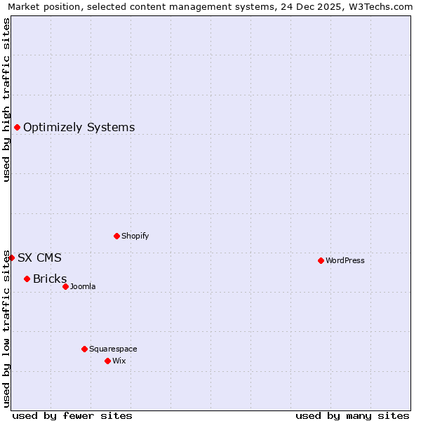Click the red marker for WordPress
(321, 260)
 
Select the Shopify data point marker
(116, 236)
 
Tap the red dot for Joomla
(65, 286)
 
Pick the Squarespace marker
(84, 349)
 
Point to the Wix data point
(107, 361)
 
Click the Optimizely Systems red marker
(17, 127)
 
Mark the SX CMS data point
(11, 258)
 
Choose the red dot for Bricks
(27, 279)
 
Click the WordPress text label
(345, 260)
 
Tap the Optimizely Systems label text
(79, 127)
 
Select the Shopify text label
(135, 236)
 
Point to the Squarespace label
(113, 349)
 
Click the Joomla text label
(83, 286)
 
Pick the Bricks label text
(50, 279)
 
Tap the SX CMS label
(39, 258)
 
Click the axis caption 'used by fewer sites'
(72, 415)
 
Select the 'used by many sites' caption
(352, 415)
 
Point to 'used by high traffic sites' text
(6, 100)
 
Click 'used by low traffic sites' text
(6, 328)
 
